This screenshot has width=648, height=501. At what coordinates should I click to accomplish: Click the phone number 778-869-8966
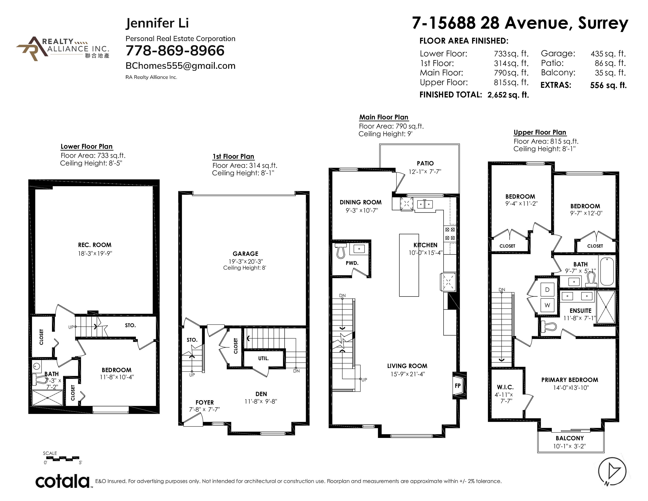(175, 50)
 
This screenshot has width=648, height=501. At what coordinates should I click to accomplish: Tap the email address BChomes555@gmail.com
(180, 66)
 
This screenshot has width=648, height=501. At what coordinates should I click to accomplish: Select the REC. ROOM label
(95, 245)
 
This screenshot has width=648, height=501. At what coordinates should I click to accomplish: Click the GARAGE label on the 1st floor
(245, 254)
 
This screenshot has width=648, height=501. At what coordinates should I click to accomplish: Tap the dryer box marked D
(547, 290)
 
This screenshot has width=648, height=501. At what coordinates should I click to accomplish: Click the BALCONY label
(570, 438)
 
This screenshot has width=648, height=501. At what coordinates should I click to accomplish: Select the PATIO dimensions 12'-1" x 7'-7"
(425, 172)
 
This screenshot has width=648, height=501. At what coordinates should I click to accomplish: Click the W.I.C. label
(505, 387)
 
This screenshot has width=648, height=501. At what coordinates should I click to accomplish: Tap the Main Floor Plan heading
(384, 117)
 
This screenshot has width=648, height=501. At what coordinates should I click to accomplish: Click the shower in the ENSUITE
(606, 307)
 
